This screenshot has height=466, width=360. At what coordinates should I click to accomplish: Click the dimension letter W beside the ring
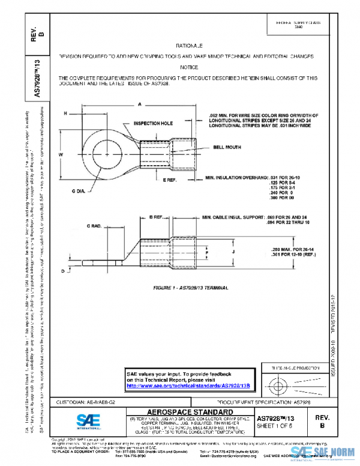(61, 155)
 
